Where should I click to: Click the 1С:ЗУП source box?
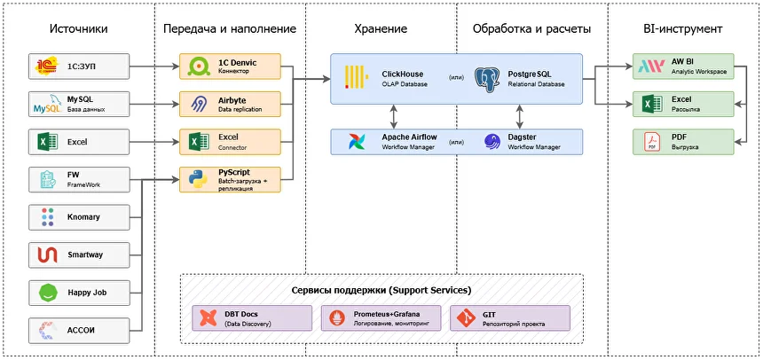80,66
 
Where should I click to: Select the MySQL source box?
80,103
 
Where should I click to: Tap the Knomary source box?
80,216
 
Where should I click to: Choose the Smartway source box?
80,254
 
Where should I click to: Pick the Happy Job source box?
80,292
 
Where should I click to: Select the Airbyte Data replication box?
230,103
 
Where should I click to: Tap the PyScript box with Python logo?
230,178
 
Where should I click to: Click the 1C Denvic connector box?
230,66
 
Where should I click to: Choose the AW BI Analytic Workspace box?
683,66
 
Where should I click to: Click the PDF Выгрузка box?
683,141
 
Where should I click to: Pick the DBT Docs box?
253,318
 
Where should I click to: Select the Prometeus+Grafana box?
381,318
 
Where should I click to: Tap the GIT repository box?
510,318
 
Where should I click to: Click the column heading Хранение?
381,29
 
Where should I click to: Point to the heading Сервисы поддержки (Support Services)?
381,291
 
